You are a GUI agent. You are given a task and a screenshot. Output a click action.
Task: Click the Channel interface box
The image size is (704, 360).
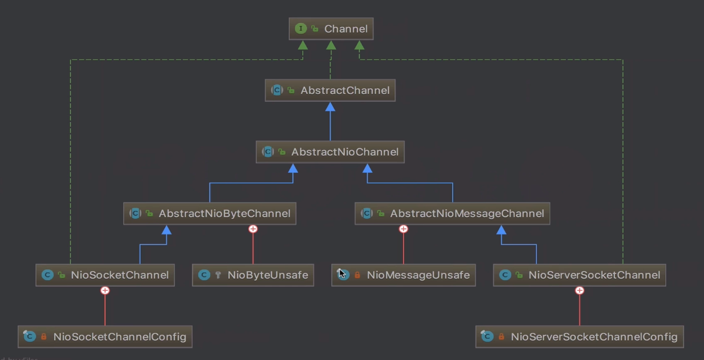tap(331, 29)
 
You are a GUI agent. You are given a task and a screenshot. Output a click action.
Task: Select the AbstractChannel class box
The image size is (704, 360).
tap(330, 90)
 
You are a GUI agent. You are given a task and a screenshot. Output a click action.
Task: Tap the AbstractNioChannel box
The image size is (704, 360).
tap(330, 152)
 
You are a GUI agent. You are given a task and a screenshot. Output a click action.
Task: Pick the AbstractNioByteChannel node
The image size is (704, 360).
tap(210, 213)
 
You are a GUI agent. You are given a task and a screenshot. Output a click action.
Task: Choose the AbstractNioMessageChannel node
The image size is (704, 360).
tap(452, 213)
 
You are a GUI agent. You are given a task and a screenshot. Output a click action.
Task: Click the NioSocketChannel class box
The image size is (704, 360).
tap(105, 275)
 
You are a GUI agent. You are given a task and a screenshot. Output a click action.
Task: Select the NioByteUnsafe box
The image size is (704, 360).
tap(253, 275)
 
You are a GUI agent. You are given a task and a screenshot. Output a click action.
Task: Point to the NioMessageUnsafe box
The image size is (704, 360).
tap(403, 275)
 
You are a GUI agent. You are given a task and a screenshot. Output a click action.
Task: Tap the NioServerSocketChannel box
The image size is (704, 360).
tap(580, 275)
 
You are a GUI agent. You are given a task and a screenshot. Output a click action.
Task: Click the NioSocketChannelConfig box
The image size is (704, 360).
tap(105, 336)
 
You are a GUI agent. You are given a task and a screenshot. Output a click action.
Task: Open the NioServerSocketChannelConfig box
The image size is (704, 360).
tap(580, 336)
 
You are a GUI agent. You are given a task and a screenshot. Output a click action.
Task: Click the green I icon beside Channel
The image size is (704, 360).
tap(301, 29)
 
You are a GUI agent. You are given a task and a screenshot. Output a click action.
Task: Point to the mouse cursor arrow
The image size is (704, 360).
tap(342, 274)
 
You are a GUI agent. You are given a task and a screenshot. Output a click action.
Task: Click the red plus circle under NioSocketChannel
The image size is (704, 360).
tap(105, 290)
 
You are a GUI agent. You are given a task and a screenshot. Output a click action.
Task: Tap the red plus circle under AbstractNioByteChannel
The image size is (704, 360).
tap(253, 229)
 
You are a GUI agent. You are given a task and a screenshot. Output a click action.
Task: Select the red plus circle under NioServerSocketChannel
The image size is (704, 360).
tap(580, 290)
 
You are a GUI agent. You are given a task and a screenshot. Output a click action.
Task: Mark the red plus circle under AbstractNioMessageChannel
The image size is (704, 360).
tap(403, 229)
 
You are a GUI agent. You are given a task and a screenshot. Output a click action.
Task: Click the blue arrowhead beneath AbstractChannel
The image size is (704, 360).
tap(330, 107)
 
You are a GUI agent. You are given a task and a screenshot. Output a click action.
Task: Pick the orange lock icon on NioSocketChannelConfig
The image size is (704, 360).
tap(44, 336)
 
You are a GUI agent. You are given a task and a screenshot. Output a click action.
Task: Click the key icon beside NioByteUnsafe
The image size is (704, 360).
tap(218, 275)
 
